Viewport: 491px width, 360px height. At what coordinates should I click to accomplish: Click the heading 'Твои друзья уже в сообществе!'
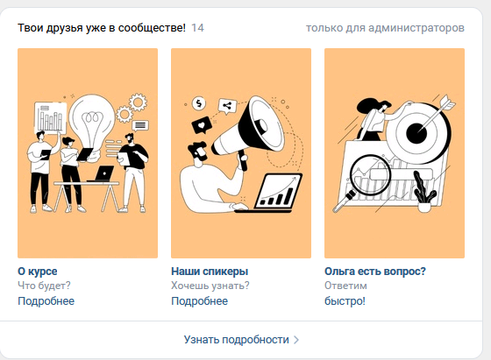(x=102, y=28)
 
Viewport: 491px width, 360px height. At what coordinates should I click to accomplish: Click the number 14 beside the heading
(x=197, y=28)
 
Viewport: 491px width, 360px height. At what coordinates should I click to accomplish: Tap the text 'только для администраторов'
(x=385, y=28)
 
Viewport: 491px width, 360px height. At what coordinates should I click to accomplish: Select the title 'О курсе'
(x=38, y=272)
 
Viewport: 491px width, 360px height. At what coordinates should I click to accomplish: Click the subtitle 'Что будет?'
(x=44, y=286)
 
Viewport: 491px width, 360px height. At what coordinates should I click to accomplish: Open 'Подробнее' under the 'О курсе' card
(x=46, y=301)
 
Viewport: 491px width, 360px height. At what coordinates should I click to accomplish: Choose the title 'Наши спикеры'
(x=210, y=272)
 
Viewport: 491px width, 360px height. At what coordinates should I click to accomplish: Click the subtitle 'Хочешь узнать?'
(x=210, y=286)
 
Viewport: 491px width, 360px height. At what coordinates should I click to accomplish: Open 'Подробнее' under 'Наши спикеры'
(x=200, y=301)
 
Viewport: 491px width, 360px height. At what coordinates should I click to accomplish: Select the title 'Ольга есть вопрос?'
(x=375, y=272)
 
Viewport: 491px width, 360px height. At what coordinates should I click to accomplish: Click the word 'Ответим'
(x=345, y=286)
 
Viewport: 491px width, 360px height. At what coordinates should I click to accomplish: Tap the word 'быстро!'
(x=345, y=301)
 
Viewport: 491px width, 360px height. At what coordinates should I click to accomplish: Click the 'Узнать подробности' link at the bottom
(x=236, y=339)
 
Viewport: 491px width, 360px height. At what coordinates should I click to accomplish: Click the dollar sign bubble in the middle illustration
(x=200, y=101)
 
